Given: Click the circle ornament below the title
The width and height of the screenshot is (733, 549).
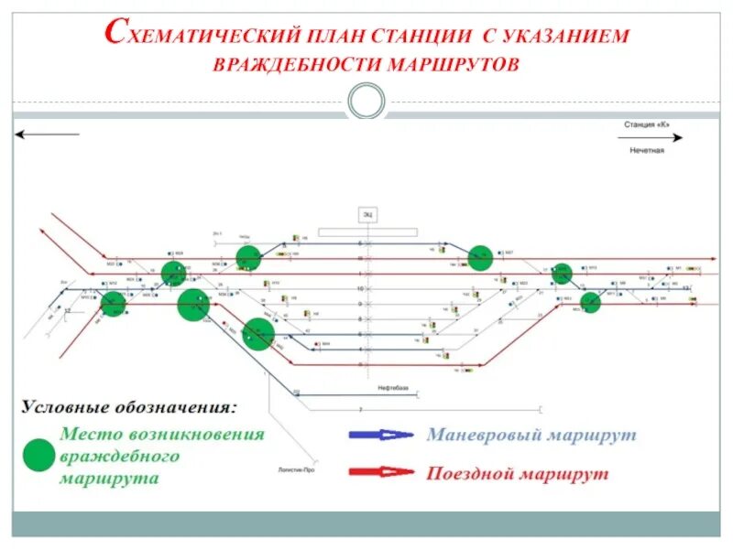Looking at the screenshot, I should tap(366, 101).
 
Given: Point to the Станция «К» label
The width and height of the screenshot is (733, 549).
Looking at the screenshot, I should tap(650, 124).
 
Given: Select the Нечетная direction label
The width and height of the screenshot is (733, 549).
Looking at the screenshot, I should tap(647, 150).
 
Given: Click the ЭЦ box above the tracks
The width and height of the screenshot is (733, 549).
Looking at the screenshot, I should tap(366, 214).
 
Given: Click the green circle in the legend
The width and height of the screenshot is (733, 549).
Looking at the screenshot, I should tap(38, 455).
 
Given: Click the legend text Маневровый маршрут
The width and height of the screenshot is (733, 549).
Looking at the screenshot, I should tap(531, 436).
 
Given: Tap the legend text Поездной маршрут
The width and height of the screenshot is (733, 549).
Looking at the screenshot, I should tap(517, 474).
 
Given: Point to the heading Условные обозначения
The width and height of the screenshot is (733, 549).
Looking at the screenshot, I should tap(128, 405).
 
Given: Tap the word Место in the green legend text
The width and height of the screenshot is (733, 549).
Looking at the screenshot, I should tap(94, 435).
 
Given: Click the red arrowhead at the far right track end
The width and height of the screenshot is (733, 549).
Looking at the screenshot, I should tap(713, 259).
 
